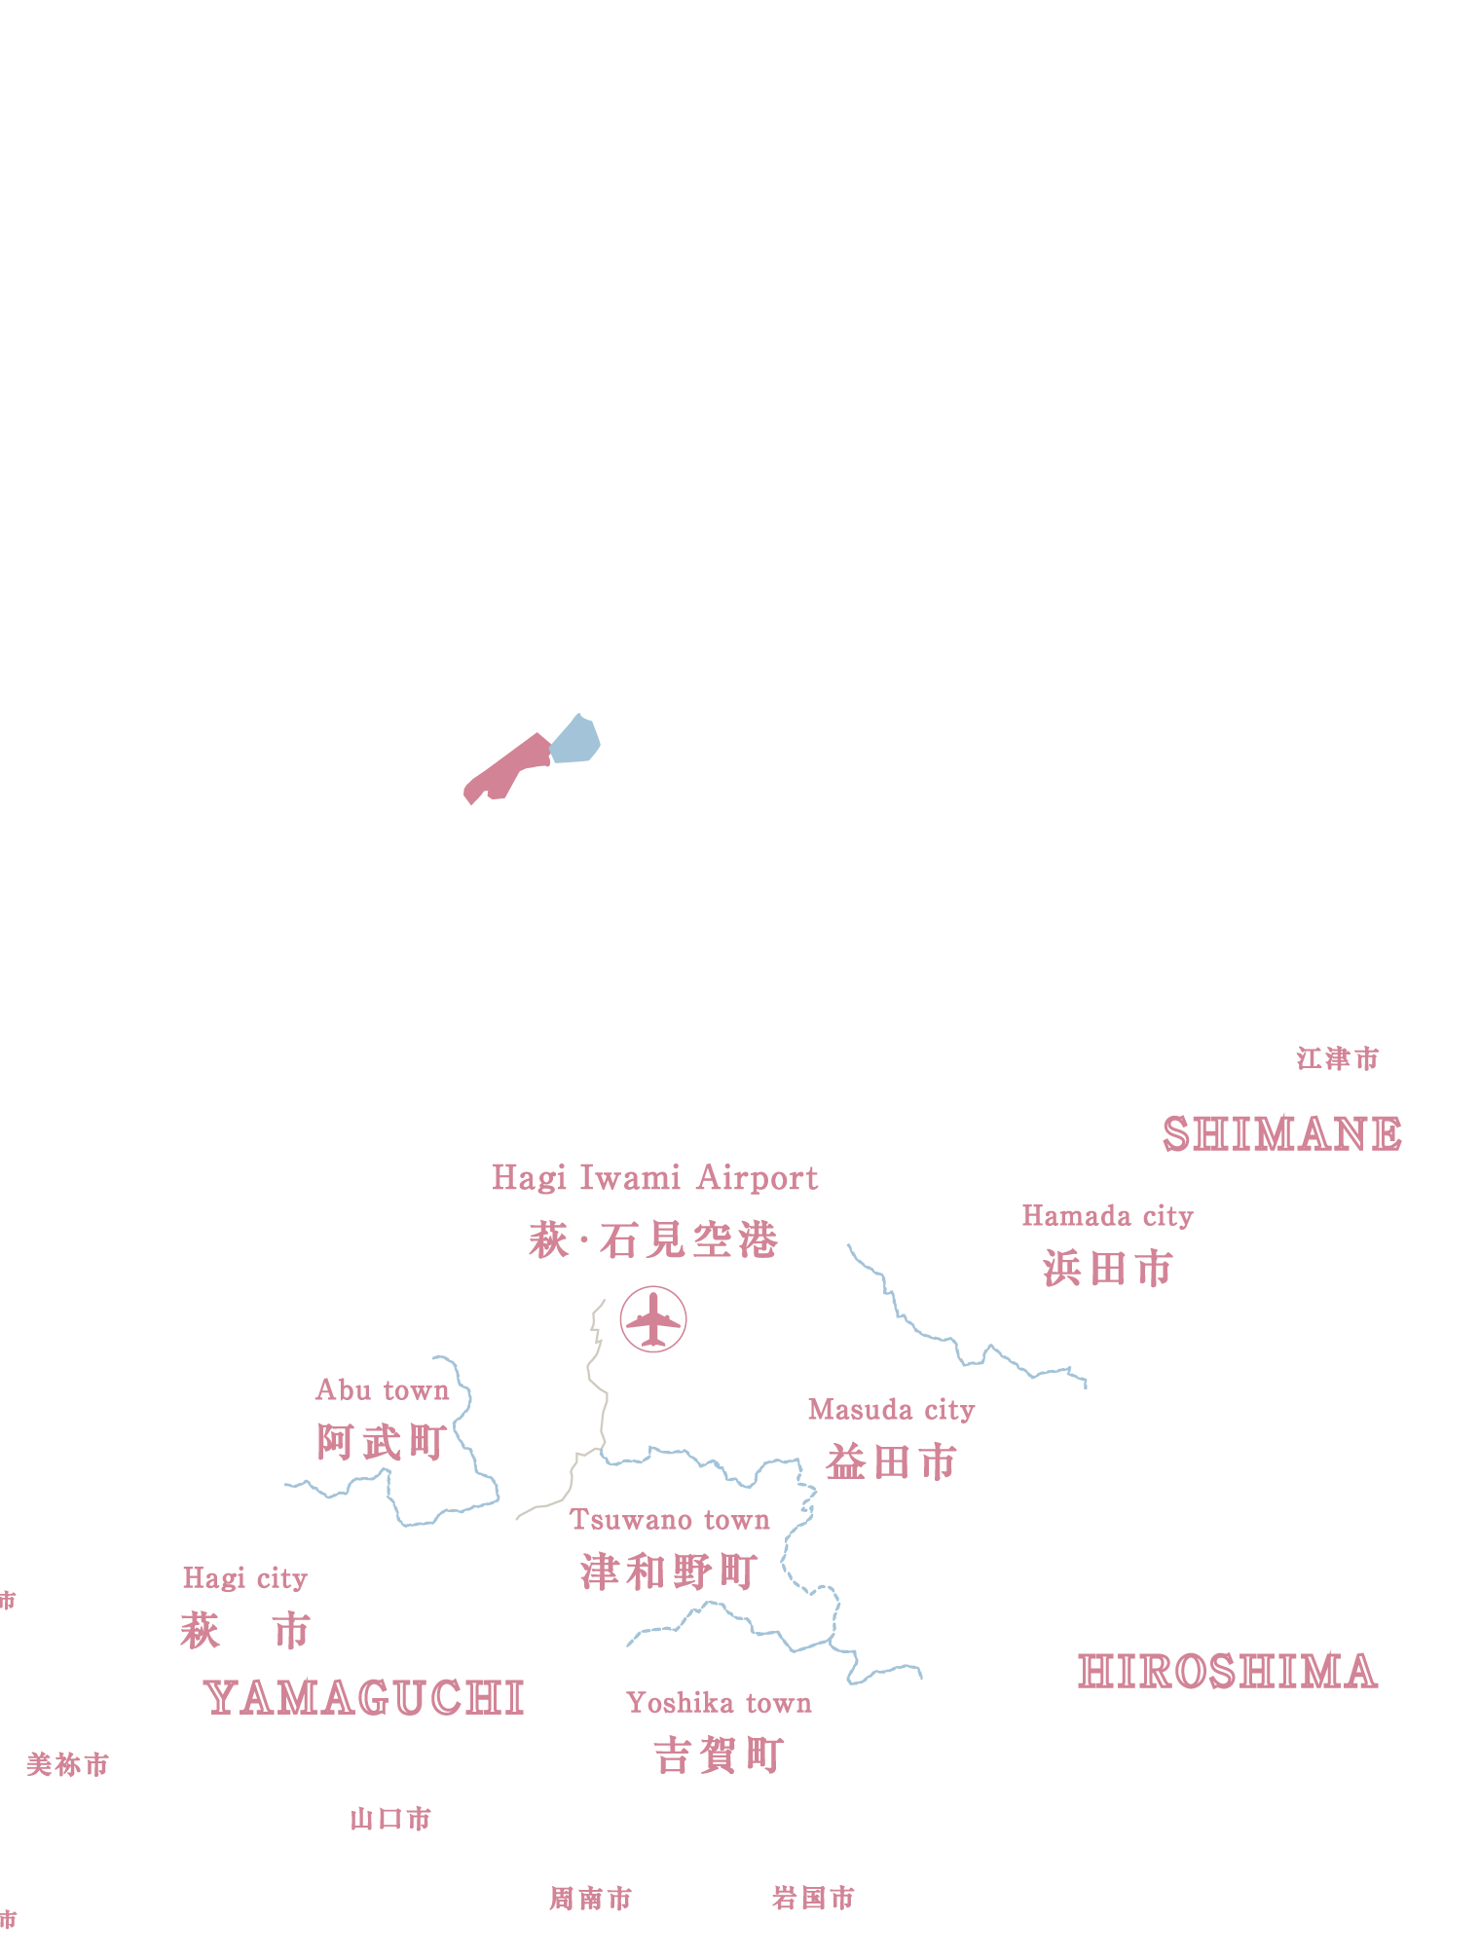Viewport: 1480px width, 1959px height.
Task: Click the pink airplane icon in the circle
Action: pos(653,1318)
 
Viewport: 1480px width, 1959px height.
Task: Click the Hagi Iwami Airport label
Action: pos(654,1178)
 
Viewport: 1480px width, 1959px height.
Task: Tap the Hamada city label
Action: pos(1107,1216)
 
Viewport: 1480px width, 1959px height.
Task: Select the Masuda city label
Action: pos(891,1410)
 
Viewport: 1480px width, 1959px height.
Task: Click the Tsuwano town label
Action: pos(669,1520)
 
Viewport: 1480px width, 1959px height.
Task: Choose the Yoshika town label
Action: pos(719,1703)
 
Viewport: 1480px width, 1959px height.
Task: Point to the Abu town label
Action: pos(382,1390)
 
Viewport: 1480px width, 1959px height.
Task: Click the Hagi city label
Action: pos(245,1578)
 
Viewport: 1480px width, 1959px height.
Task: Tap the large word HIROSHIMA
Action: pos(1228,1672)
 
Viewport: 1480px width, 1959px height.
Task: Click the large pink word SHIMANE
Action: pos(1282,1134)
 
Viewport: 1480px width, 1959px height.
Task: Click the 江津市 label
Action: pos(1338,1058)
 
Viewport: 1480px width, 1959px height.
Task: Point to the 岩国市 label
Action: pos(813,1898)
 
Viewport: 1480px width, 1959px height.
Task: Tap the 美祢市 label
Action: pos(67,1764)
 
